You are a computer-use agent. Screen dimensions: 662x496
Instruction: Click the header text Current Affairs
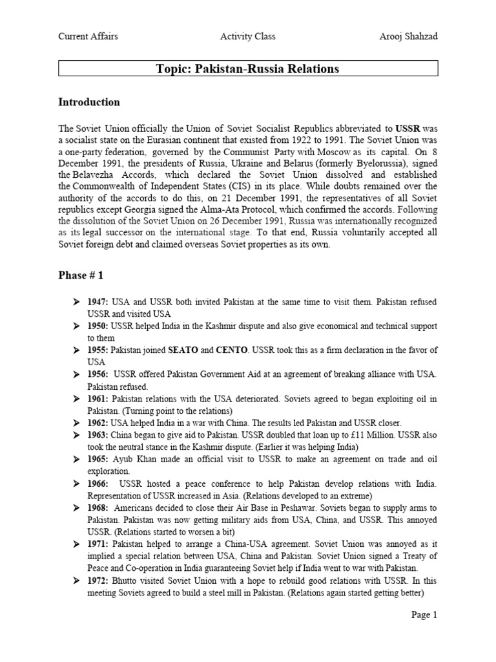(x=88, y=37)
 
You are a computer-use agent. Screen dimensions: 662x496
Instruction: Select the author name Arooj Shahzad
(x=408, y=37)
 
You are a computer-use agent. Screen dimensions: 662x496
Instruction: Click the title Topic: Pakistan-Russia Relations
(x=248, y=69)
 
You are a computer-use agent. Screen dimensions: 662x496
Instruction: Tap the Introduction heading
(x=89, y=102)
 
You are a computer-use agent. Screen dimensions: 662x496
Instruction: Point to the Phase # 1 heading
(x=81, y=275)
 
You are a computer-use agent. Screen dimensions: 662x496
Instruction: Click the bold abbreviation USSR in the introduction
(x=408, y=129)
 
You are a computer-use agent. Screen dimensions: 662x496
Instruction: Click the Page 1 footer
(x=424, y=615)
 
